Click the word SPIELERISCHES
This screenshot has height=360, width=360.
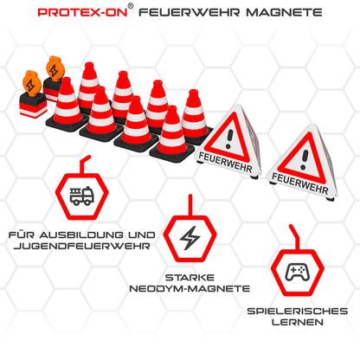[298, 310]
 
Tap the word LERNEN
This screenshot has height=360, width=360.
[297, 322]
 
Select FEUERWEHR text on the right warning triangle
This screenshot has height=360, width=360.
[299, 183]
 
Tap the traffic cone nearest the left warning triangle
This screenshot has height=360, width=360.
[194, 128]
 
